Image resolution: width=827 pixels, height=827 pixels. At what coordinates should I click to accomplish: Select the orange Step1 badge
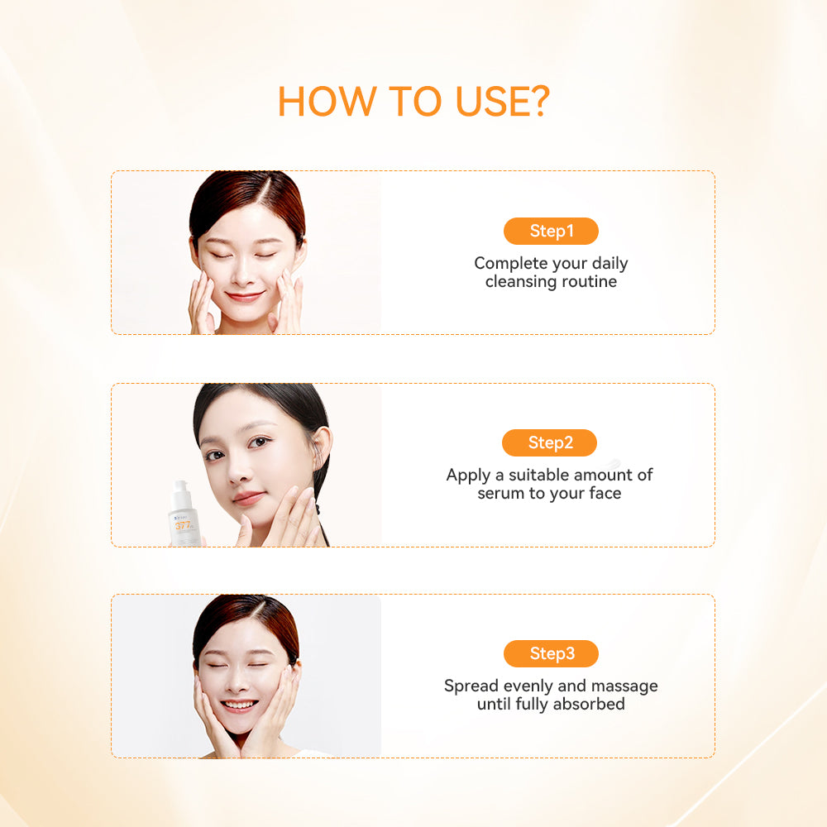[x=551, y=231]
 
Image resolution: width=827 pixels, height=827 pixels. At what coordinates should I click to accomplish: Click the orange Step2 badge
[x=549, y=442]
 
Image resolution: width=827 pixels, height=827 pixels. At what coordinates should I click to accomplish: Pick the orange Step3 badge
[x=551, y=653]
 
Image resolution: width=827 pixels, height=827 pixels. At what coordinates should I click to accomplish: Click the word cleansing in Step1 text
[x=520, y=282]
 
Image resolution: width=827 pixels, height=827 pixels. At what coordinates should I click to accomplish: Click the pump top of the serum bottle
[x=181, y=488]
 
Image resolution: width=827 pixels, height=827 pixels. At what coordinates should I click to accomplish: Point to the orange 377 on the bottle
[x=183, y=525]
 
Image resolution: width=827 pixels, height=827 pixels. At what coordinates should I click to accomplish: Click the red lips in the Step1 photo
[x=245, y=296]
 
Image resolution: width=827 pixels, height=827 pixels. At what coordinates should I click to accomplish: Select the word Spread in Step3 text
[x=471, y=686]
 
